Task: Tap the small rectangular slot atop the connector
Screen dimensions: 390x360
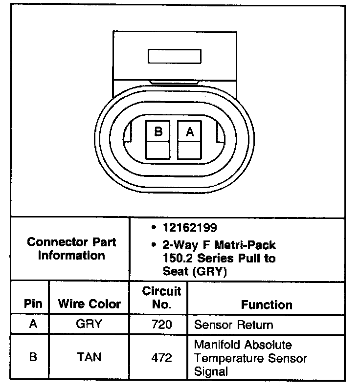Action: point(175,56)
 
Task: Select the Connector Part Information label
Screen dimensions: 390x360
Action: point(71,249)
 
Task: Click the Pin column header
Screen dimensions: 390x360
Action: point(33,303)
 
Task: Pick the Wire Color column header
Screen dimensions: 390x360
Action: point(90,303)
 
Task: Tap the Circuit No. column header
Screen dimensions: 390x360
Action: point(161,298)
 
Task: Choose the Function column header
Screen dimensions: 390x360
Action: point(267,304)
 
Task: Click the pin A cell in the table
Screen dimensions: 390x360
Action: point(33,324)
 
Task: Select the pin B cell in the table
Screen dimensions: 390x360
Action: point(33,357)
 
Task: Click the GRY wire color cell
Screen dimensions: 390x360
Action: point(89,324)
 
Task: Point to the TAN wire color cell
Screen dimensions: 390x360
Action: point(89,357)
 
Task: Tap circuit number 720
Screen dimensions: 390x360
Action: point(161,325)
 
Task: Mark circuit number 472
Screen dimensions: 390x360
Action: point(161,358)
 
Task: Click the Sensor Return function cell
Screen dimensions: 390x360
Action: point(233,325)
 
